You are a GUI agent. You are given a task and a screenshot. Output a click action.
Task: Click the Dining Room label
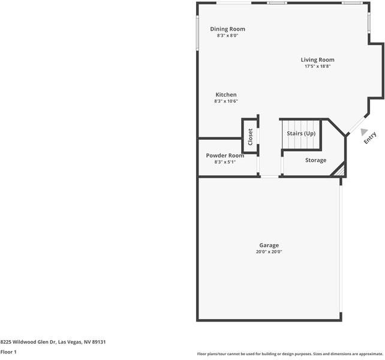tap(227, 29)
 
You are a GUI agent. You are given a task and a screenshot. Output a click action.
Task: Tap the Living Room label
tap(317, 60)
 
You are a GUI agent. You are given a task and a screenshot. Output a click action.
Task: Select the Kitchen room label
tap(226, 95)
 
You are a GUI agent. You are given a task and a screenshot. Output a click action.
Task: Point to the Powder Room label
tap(225, 155)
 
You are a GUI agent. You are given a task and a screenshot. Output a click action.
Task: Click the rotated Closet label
tap(250, 137)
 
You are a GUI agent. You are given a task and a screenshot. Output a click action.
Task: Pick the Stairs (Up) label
tap(301, 133)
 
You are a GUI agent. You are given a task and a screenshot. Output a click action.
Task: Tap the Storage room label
tap(315, 160)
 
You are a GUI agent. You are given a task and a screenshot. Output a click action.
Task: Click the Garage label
tap(269, 245)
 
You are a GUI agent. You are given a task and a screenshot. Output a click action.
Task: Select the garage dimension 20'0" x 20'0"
tap(269, 252)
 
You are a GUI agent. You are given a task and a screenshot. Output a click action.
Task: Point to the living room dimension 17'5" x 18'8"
tap(317, 67)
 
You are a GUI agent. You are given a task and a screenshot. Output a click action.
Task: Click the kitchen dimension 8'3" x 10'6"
tap(226, 101)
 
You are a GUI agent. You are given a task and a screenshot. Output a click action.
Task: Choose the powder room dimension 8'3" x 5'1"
tap(225, 162)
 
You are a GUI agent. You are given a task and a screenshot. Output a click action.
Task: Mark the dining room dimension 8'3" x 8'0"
tap(227, 35)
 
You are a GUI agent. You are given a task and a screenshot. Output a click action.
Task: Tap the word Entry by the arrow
tap(370, 137)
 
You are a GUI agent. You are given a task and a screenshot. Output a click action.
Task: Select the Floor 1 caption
tap(8, 352)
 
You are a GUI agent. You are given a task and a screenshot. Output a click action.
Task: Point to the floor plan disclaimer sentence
tap(290, 354)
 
